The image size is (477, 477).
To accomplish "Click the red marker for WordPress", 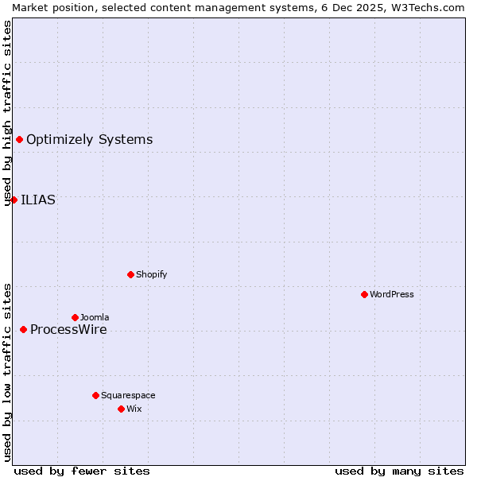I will tap(364, 294).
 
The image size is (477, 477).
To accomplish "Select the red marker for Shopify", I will tap(130, 274).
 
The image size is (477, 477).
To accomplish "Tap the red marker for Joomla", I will tap(75, 317).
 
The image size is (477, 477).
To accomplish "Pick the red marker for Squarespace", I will tap(95, 395).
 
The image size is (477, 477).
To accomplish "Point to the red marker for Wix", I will tap(121, 409).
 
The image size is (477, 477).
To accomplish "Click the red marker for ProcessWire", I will tap(23, 329).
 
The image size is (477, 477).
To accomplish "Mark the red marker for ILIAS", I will tap(14, 200).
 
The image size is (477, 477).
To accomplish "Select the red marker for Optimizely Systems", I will tap(19, 140).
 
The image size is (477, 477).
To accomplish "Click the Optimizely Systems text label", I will tap(89, 140).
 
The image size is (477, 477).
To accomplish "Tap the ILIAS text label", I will tap(38, 200).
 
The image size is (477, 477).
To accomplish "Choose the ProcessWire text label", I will tap(68, 330).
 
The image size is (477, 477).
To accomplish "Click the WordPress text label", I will tap(392, 294).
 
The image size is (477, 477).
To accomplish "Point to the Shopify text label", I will tap(151, 274).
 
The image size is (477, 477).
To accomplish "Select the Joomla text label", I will tap(95, 317).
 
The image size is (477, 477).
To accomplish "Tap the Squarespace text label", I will tap(128, 395).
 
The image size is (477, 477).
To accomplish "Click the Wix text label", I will tap(134, 409).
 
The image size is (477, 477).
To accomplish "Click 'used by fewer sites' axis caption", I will tap(82, 471).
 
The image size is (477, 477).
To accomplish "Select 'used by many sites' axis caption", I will tap(399, 471).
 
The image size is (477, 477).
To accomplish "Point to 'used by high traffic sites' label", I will tap(7, 113).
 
